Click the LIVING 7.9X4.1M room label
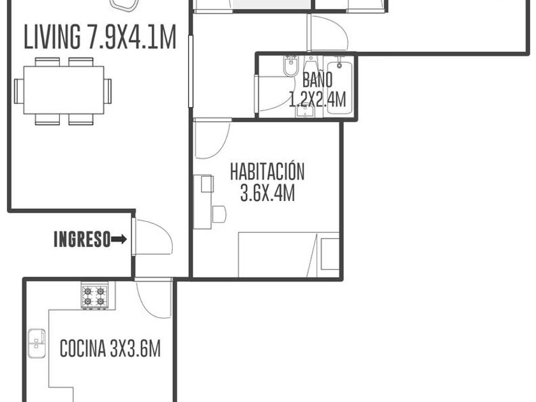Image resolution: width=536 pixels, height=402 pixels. [100, 36]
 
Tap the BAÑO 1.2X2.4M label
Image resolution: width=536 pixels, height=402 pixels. [318, 89]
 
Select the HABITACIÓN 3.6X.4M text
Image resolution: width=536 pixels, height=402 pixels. [267, 182]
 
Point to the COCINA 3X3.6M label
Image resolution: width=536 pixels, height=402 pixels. [110, 348]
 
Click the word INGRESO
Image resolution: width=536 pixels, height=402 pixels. [82, 239]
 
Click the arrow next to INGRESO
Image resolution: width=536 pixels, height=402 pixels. [119, 239]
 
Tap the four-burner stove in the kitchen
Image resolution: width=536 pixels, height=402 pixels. [94, 297]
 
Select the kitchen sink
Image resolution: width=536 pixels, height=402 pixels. [36, 343]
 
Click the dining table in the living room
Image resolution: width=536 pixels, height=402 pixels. [64, 90]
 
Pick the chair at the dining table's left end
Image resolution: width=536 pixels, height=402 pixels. [19, 91]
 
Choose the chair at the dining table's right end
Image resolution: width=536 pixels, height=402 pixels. [108, 91]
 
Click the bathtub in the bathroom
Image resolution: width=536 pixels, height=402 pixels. [339, 88]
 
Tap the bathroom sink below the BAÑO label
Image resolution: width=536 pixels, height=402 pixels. [305, 111]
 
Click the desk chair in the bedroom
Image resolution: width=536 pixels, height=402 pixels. [219, 214]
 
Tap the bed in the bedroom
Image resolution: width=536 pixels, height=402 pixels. [288, 255]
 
